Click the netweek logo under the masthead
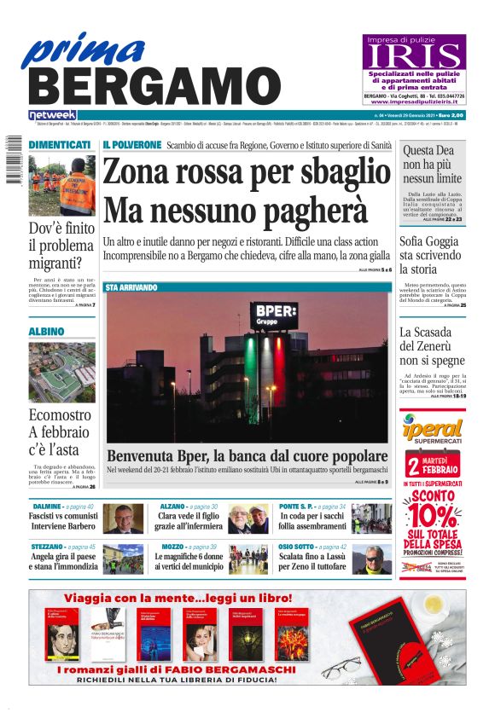[x=52, y=115]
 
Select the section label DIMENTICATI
[x=60, y=145]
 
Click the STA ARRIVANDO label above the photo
[x=131, y=287]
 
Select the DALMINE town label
[x=47, y=507]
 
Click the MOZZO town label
[x=172, y=547]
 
